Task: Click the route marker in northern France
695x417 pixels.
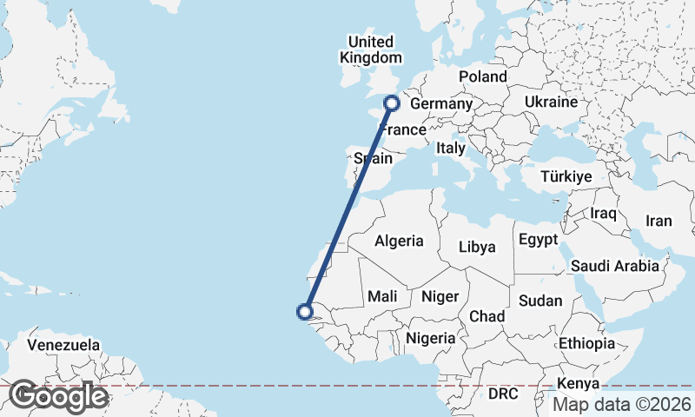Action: point(391,103)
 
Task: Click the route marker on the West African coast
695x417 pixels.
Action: point(305,311)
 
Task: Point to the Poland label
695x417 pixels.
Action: point(482,76)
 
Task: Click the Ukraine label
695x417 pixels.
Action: point(551,103)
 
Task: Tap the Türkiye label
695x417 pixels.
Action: point(566,176)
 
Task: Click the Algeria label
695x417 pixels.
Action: point(399,242)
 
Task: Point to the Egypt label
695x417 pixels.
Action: point(537,240)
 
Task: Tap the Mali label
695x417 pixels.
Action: point(382,296)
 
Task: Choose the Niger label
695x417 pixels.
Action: point(440,296)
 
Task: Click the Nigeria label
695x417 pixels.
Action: point(431,338)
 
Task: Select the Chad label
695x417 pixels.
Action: point(486,316)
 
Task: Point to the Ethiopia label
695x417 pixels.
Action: point(586,343)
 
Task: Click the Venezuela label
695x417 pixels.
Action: point(63,345)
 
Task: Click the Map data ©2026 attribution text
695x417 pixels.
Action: point(622,404)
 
